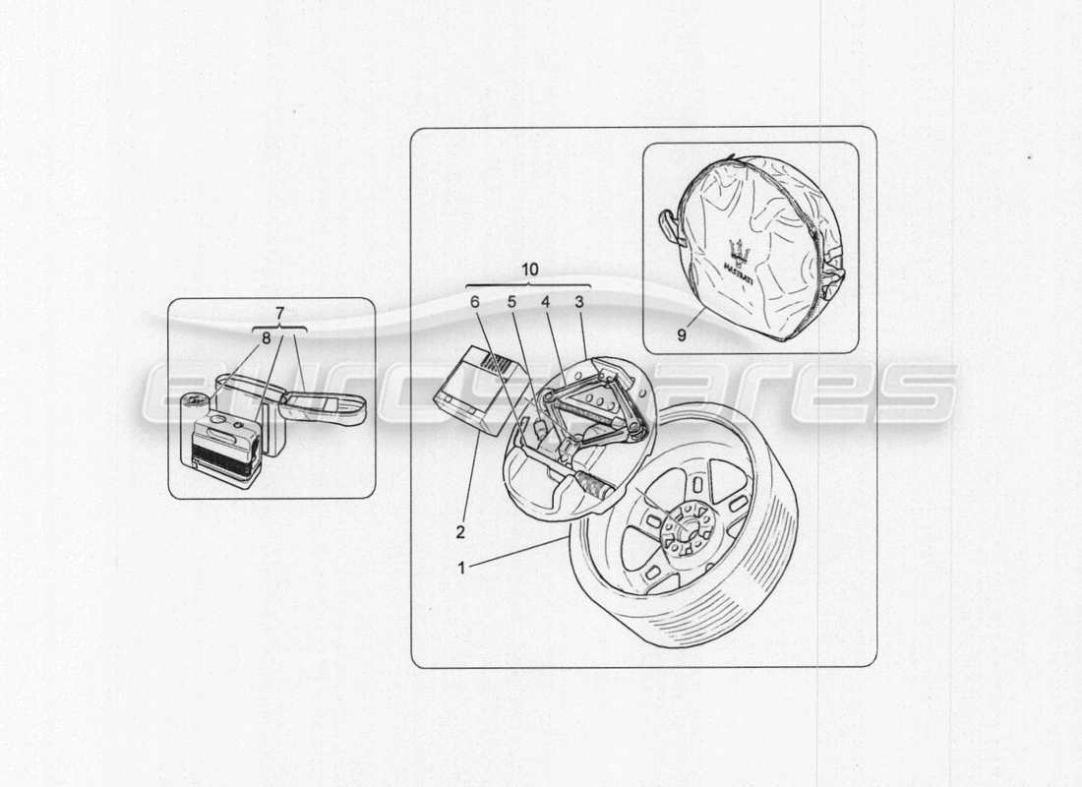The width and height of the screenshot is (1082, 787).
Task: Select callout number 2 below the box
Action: point(458,533)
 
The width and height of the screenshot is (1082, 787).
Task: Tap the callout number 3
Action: point(579,302)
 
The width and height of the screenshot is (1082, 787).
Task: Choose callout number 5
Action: point(511,302)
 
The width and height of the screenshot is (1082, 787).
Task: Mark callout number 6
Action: point(474,302)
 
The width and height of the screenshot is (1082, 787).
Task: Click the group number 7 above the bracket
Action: point(280,313)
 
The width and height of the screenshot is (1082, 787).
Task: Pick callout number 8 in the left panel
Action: point(265,336)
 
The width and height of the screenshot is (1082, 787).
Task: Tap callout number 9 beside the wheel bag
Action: point(681,334)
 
